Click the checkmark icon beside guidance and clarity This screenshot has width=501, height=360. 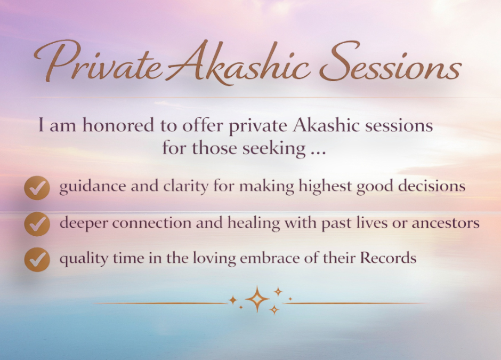pos(37,187)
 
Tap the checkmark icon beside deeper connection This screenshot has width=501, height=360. pos(37,223)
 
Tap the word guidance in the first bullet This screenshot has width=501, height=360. pos(86,187)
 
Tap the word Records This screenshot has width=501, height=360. pos(388,259)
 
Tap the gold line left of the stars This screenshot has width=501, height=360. pos(160,303)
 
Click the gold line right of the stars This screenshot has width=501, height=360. pos(357,303)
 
